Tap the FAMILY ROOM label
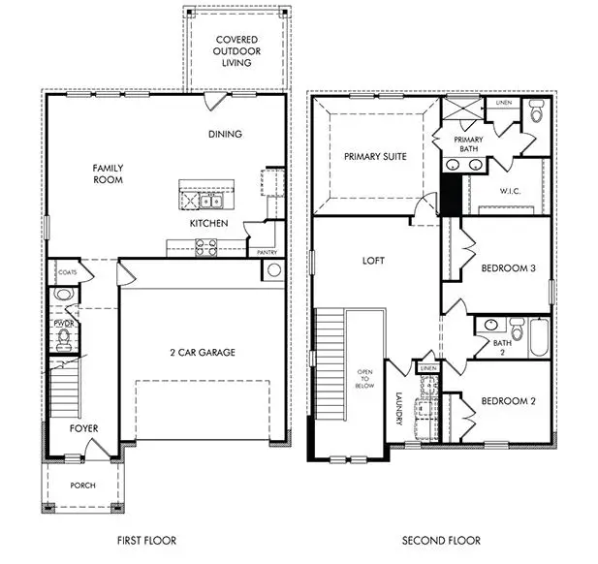(x=108, y=173)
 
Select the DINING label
(x=224, y=134)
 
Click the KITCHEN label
(x=208, y=224)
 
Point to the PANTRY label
(x=267, y=252)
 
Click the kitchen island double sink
(x=212, y=201)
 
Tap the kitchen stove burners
(x=205, y=246)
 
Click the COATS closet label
(x=66, y=272)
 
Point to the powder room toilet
(x=65, y=337)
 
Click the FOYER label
(x=82, y=427)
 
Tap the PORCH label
(x=82, y=485)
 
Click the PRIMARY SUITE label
(x=374, y=155)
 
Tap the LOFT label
(x=374, y=261)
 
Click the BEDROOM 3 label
(x=509, y=268)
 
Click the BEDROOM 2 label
(x=509, y=400)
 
